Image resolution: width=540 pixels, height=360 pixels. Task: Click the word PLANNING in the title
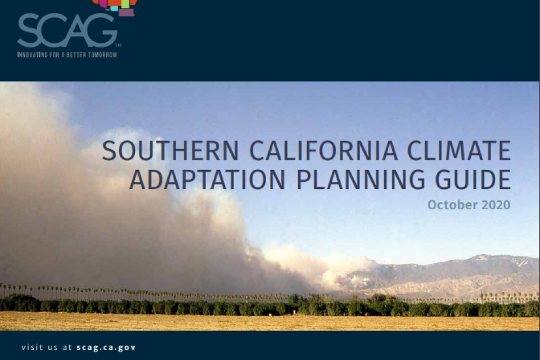[x=362, y=179]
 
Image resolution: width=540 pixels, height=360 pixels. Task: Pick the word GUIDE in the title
[x=477, y=179]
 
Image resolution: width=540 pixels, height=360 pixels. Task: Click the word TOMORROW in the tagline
[x=102, y=55]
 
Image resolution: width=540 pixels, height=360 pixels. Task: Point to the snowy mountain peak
[x=481, y=259]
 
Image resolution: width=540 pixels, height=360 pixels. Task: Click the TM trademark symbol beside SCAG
[x=118, y=45]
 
